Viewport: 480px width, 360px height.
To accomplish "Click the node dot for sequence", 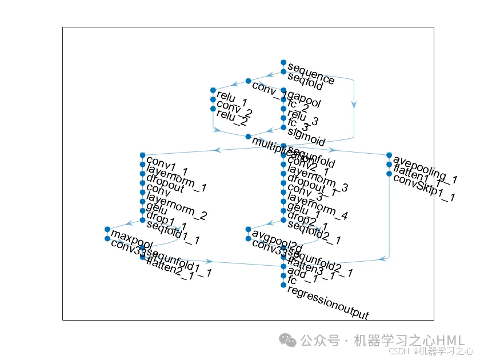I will [283, 62].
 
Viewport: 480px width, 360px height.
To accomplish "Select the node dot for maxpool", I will [107, 229].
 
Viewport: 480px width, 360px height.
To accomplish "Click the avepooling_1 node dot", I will [389, 155].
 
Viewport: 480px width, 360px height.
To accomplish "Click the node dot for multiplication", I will [248, 137].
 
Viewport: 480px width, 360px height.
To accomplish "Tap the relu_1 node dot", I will [213, 90].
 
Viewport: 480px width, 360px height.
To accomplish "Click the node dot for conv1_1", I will [142, 155].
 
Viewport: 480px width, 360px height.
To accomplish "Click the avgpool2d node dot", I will [248, 229].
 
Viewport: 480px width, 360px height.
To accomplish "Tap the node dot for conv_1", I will [248, 81].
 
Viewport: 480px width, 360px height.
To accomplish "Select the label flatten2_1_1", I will [179, 268].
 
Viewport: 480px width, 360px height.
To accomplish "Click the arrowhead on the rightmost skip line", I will [354, 105].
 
